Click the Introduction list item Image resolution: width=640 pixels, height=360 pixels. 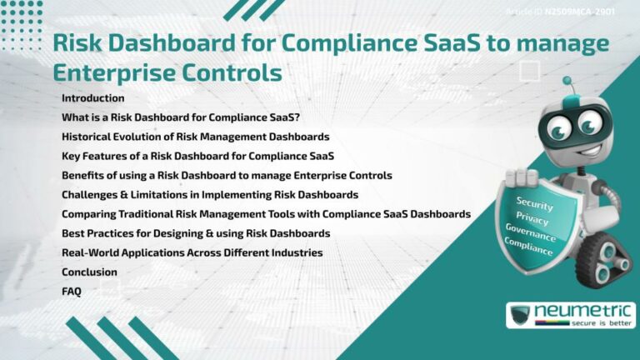(92, 98)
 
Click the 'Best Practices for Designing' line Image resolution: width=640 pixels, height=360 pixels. (196, 232)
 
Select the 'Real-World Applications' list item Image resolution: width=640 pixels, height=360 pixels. (192, 252)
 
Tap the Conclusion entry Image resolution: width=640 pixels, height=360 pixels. (89, 272)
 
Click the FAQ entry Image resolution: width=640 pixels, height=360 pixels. (72, 291)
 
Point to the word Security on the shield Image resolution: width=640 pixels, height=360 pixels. (534, 202)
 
